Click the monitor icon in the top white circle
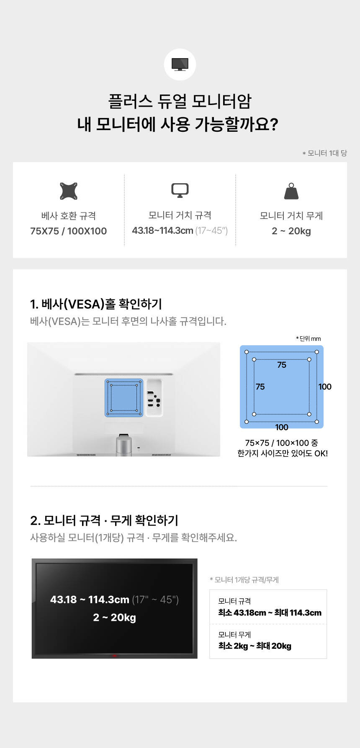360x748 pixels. coord(180,64)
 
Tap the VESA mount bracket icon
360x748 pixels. coord(69,191)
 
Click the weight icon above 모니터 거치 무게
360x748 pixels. coord(291,191)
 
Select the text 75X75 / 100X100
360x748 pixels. coord(69,231)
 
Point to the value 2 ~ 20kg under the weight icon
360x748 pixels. coord(291,231)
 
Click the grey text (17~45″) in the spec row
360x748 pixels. coord(211,231)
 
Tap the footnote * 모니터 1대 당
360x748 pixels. coord(325,153)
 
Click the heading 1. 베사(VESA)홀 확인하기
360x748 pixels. coord(96,304)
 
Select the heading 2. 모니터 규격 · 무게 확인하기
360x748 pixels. coord(104,520)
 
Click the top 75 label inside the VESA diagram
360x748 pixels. coord(282,365)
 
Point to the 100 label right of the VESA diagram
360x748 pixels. coord(325,387)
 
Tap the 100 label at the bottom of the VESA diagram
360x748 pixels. coord(282,427)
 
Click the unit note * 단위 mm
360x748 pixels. coord(309,338)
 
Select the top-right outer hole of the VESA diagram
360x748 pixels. coord(317,352)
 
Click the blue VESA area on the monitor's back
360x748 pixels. coord(124,398)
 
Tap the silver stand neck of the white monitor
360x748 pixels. coord(124,446)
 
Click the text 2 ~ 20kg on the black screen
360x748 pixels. coord(114,617)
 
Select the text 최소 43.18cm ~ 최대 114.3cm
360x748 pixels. coord(270,613)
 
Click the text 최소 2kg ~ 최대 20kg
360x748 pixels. coord(255,646)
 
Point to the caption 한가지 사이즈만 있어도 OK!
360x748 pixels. coord(283,453)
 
